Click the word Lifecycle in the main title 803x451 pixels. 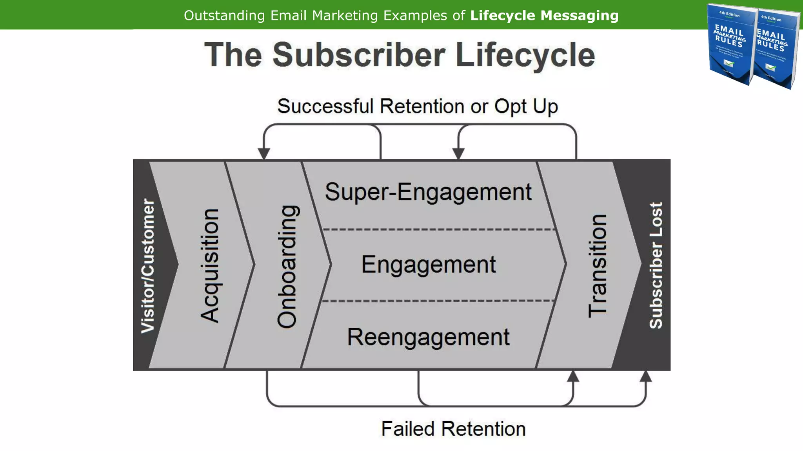pyautogui.click(x=525, y=55)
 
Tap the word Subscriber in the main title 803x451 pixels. pyautogui.click(x=359, y=55)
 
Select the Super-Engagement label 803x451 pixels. pyautogui.click(x=428, y=192)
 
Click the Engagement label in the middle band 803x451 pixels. pyautogui.click(x=428, y=265)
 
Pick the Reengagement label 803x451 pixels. pyautogui.click(x=428, y=337)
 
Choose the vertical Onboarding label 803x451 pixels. pyautogui.click(x=287, y=266)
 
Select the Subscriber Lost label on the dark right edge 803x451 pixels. pyautogui.click(x=656, y=265)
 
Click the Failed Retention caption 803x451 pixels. pyautogui.click(x=453, y=429)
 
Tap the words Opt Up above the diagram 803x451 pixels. pyautogui.click(x=526, y=106)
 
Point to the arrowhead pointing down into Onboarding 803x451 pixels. pyautogui.click(x=264, y=153)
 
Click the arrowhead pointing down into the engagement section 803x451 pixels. pyautogui.click(x=458, y=153)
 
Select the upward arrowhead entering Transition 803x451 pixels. pyautogui.click(x=573, y=376)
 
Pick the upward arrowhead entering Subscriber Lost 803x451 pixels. pyautogui.click(x=646, y=376)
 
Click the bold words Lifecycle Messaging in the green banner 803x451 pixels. pyautogui.click(x=544, y=16)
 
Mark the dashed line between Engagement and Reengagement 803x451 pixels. pyautogui.click(x=437, y=301)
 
